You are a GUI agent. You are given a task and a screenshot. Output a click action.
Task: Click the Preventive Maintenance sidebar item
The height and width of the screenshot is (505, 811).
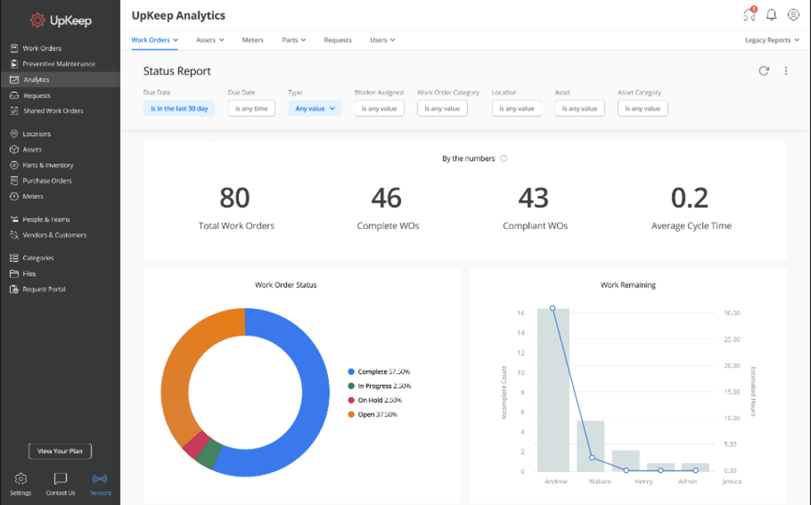pos(59,64)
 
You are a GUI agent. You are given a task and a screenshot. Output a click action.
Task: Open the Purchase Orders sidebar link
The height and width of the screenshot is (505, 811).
pos(47,181)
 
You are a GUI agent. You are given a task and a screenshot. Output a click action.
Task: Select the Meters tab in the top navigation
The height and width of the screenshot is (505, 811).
pos(252,40)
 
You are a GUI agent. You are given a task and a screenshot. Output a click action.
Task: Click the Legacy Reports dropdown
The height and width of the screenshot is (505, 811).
pos(771,40)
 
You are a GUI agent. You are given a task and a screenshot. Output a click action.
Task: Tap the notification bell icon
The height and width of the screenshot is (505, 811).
pos(771,15)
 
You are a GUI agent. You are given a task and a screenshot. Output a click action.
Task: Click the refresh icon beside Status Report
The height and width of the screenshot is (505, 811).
pos(764,71)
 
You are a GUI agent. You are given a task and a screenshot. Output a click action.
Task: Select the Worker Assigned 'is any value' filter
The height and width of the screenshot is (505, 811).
pos(379,109)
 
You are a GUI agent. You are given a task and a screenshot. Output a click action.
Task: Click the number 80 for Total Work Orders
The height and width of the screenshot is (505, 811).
pos(235,198)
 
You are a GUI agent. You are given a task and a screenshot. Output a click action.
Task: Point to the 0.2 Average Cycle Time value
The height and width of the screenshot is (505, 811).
pos(689,198)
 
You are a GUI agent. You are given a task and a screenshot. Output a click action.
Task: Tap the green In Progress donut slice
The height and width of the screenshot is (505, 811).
pos(210,455)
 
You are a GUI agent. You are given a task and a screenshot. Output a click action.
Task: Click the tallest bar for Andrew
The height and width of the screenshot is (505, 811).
pos(553,390)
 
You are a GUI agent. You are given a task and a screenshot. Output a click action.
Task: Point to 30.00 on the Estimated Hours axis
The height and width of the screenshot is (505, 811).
pos(731,313)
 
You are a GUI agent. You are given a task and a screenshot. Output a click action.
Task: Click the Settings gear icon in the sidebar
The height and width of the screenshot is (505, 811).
pos(21,479)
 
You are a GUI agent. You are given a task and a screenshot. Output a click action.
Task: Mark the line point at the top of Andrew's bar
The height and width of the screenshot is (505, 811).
pos(553,308)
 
